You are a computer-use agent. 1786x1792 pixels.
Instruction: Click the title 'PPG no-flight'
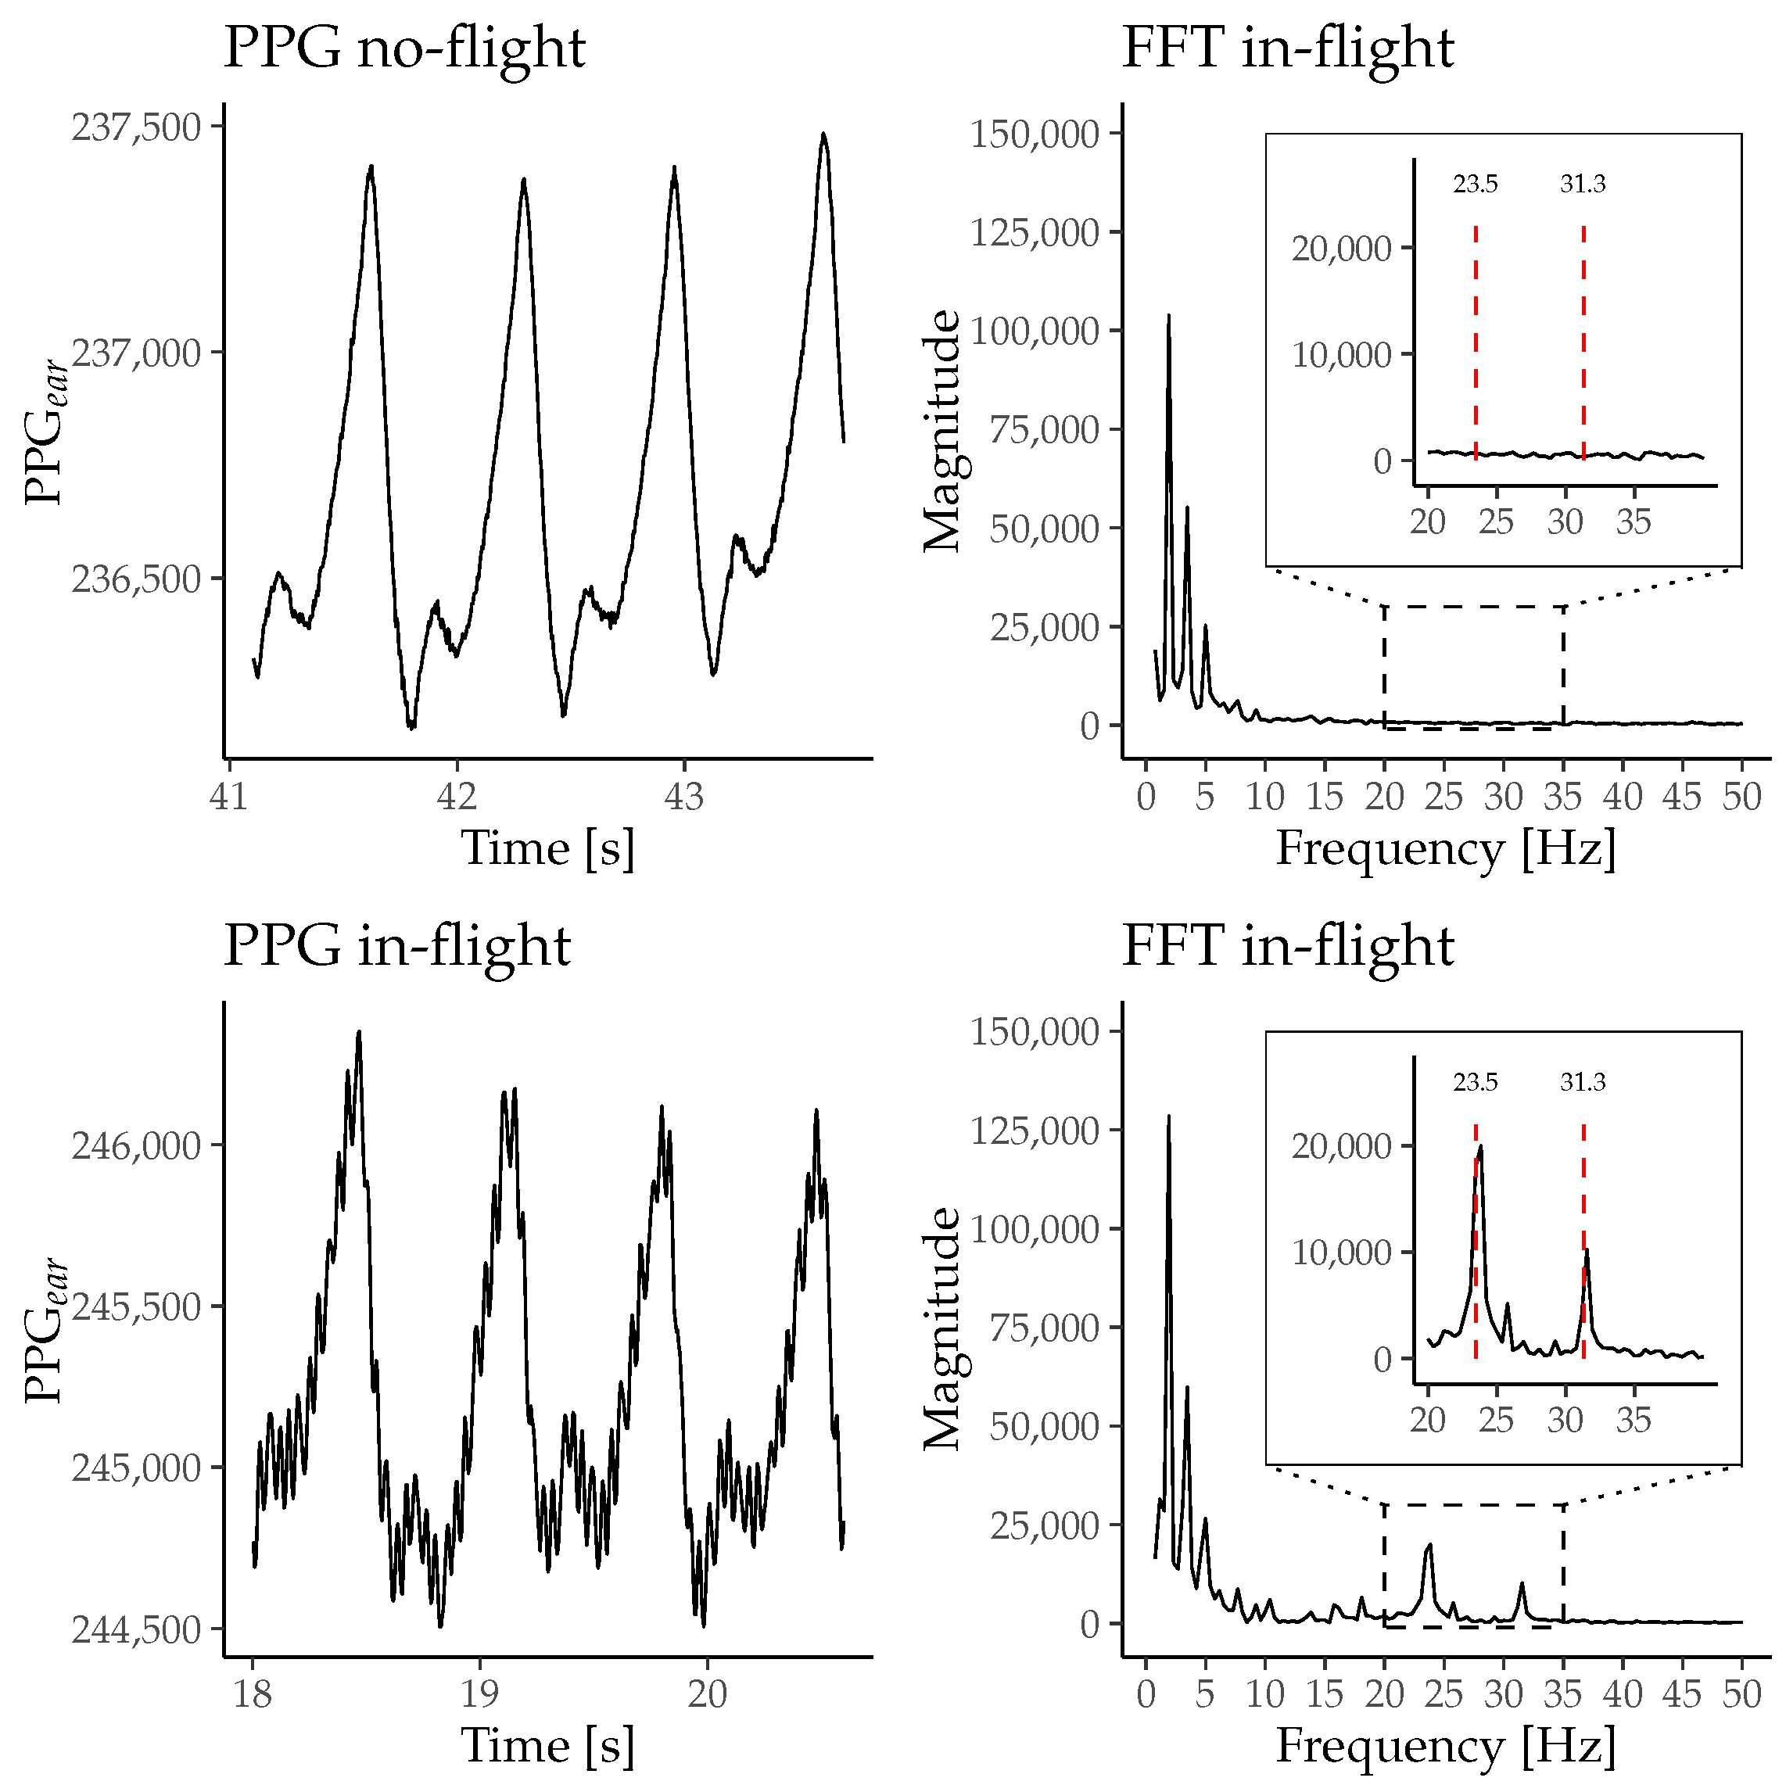[x=404, y=48]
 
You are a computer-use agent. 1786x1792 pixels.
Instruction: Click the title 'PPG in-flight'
[x=397, y=947]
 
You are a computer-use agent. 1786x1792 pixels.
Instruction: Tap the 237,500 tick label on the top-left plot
[x=136, y=127]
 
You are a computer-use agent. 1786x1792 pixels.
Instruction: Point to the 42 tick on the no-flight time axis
[x=457, y=797]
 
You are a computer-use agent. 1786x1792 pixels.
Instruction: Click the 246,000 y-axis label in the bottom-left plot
[x=136, y=1147]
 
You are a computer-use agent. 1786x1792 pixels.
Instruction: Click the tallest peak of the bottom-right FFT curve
[x=1168, y=1116]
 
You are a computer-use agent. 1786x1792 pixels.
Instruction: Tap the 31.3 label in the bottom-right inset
[x=1582, y=1082]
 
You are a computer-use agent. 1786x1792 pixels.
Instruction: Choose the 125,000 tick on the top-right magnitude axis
[x=1035, y=233]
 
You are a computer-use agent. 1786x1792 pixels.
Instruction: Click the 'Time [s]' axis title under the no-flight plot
[x=547, y=848]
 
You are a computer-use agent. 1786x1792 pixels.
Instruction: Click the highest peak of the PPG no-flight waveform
[x=823, y=135]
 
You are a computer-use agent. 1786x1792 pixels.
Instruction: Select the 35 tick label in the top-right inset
[x=1633, y=522]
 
